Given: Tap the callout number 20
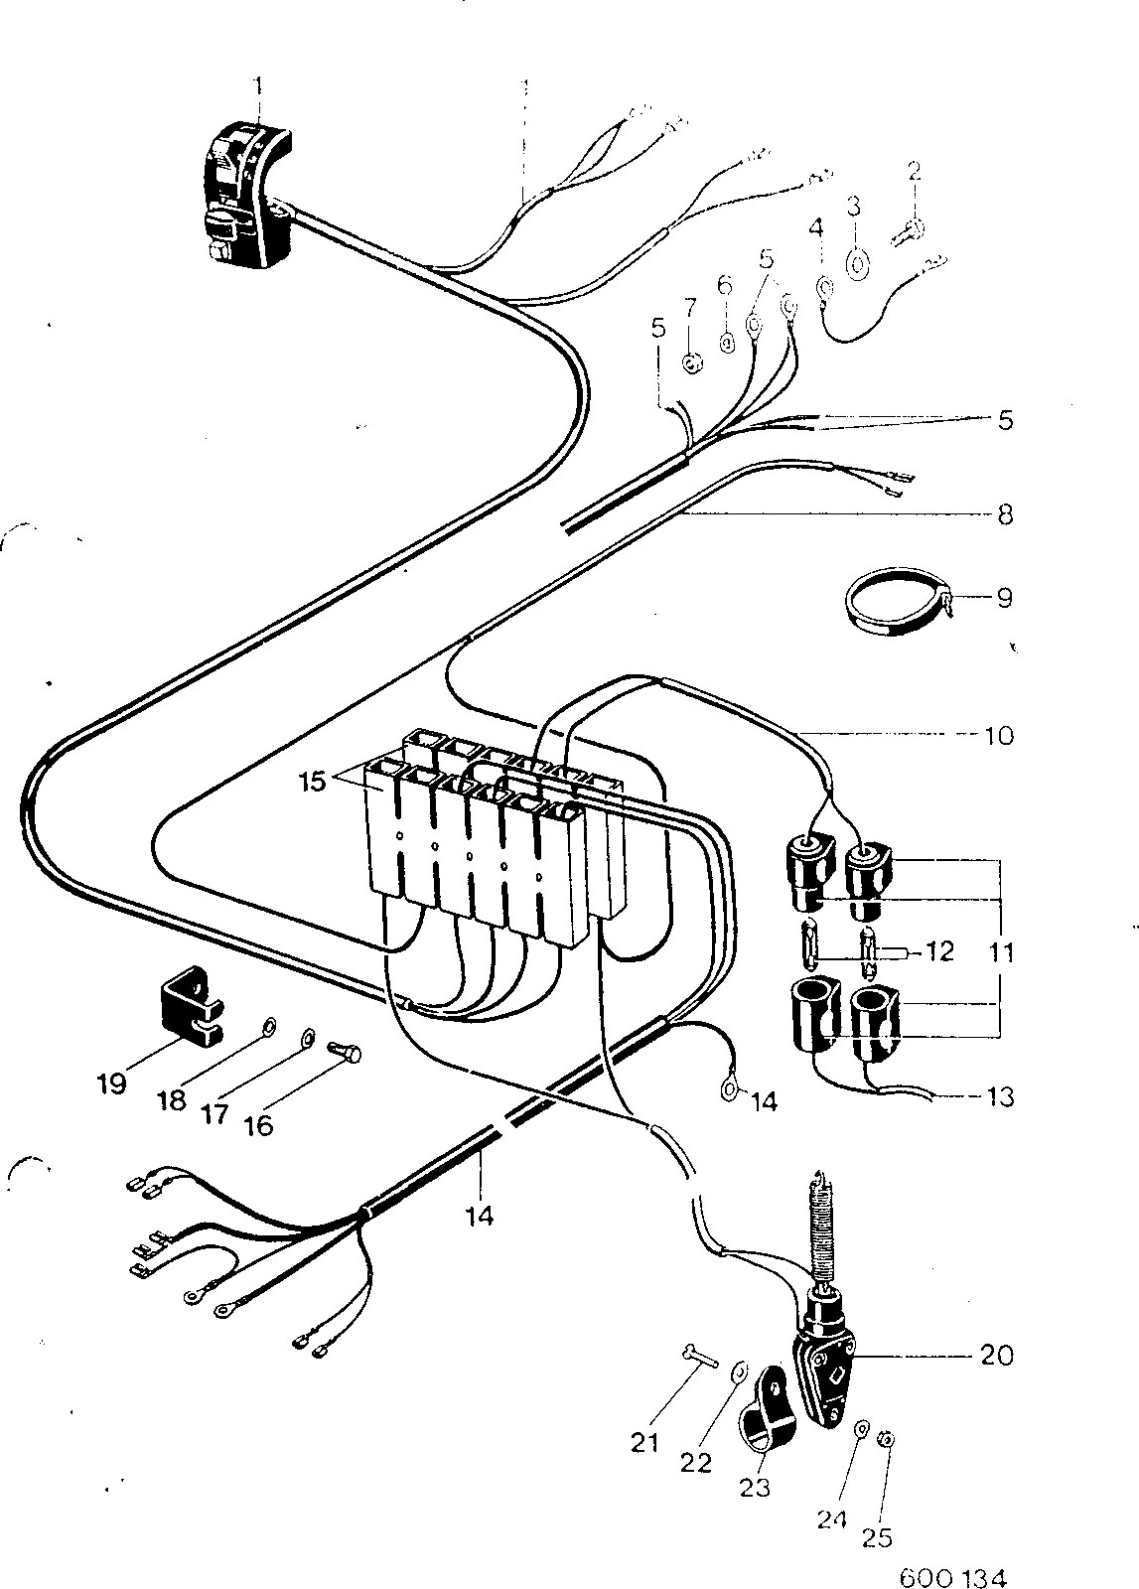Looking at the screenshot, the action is click(996, 1356).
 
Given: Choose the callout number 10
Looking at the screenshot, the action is click(999, 736).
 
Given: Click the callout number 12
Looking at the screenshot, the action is click(939, 951).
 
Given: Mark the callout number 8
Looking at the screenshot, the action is click(1005, 514).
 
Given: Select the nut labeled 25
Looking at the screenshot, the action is click(887, 1439).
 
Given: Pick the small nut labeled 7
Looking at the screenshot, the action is click(691, 364).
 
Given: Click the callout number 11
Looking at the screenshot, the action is click(1001, 952).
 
